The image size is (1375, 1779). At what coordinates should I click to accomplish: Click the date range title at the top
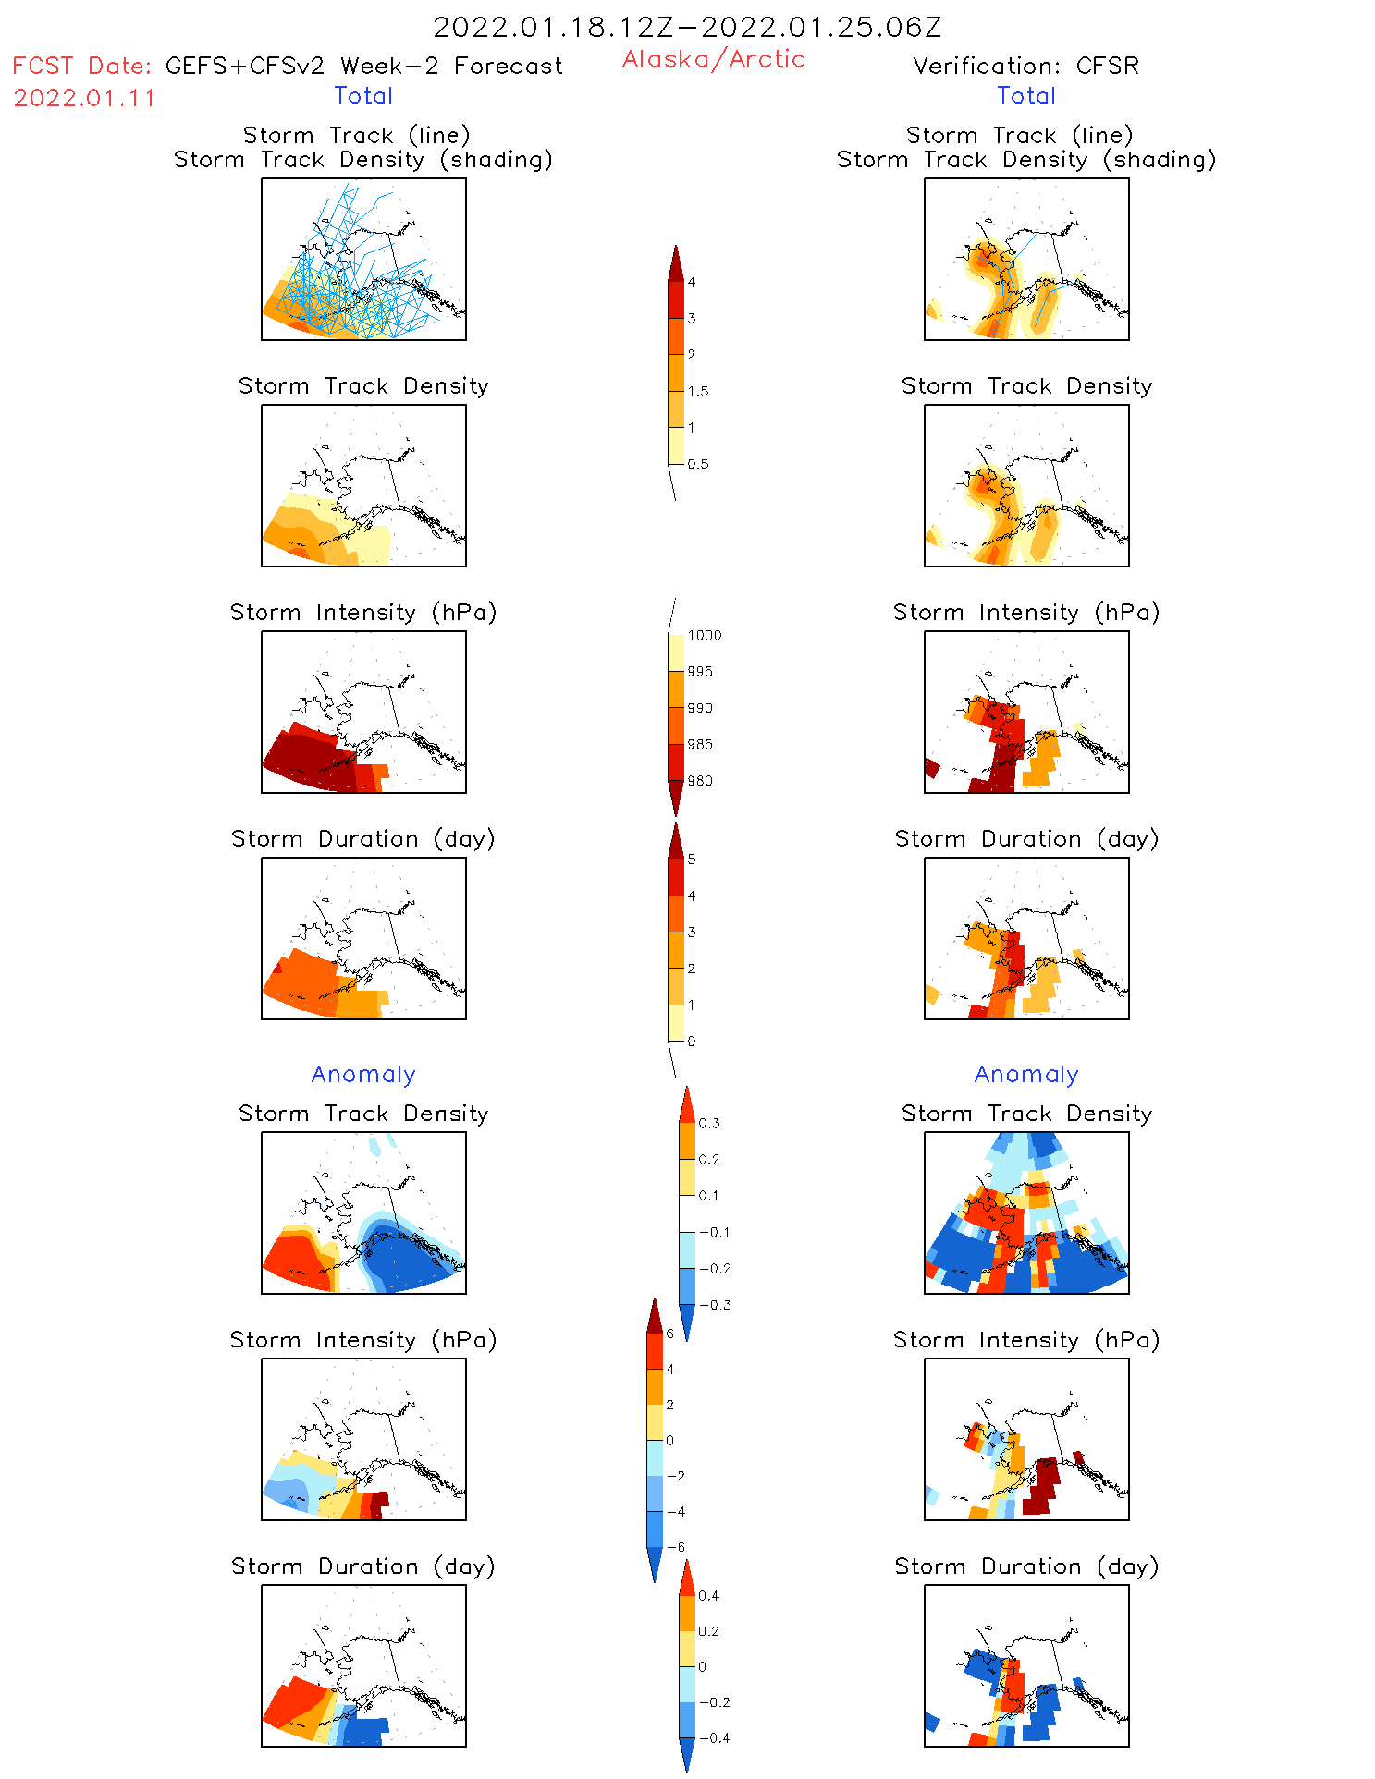[687, 28]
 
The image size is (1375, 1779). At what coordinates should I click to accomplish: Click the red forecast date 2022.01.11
[84, 98]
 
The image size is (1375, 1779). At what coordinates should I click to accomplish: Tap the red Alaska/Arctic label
[713, 59]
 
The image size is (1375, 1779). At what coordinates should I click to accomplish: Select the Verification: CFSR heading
[1025, 66]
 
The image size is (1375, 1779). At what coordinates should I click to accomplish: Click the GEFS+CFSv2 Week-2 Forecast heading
[363, 66]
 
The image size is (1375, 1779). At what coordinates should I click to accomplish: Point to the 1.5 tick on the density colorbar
[698, 391]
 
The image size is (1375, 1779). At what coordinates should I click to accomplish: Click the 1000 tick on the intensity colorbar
[704, 635]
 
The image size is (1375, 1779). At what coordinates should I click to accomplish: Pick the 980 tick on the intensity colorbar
[700, 781]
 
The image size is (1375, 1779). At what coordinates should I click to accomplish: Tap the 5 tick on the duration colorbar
[691, 859]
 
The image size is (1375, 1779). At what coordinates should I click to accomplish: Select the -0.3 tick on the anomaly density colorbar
[715, 1305]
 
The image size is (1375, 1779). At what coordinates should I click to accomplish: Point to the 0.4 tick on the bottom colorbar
[708, 1595]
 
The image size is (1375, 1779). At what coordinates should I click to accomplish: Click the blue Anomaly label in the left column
[363, 1074]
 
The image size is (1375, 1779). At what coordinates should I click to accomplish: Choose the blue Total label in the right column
[1025, 95]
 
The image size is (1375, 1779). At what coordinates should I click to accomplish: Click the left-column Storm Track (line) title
[356, 135]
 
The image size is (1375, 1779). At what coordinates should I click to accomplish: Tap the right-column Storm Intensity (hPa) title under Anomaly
[1025, 1340]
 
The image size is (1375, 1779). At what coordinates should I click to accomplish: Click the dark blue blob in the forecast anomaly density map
[407, 1261]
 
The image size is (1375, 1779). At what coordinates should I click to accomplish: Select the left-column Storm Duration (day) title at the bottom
[363, 1566]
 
